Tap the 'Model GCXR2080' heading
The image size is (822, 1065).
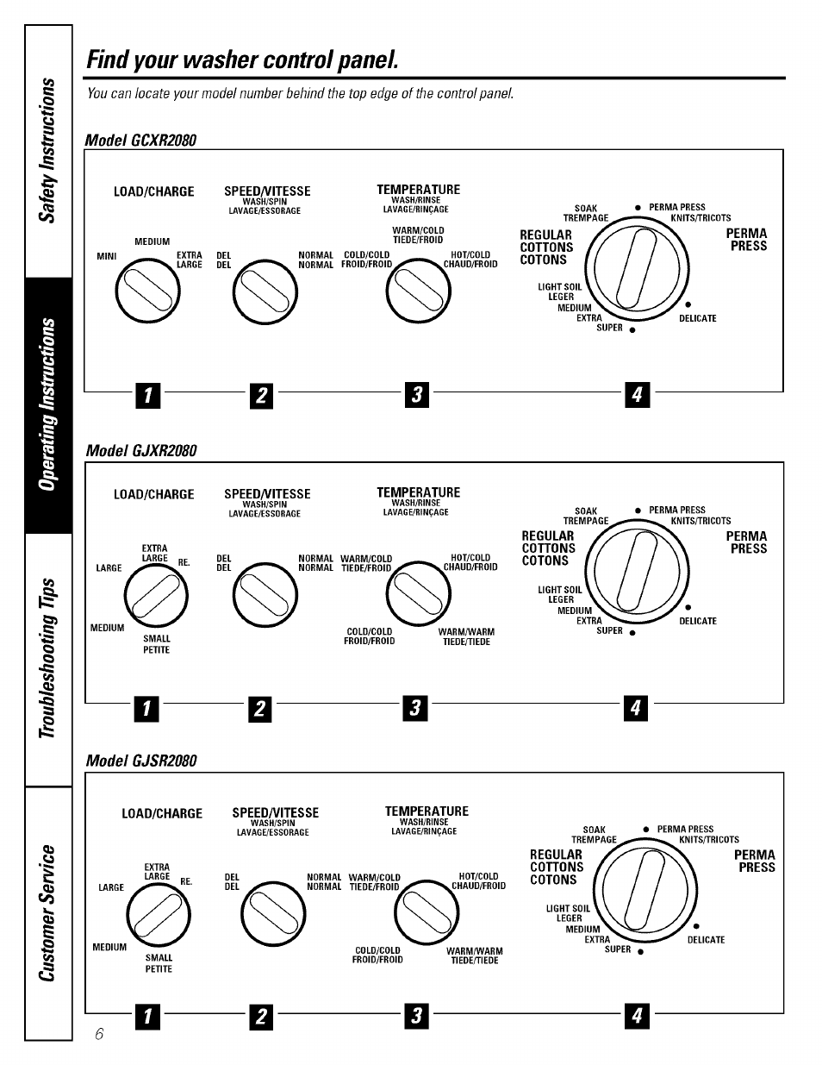coord(140,140)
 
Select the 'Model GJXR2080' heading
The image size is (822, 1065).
coord(140,451)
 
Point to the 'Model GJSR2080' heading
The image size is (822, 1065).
coord(140,761)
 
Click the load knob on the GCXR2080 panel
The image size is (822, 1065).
coord(149,292)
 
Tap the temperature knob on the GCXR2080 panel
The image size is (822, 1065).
coord(418,292)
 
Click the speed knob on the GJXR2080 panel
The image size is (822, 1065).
coord(265,594)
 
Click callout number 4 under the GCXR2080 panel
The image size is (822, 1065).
coord(638,395)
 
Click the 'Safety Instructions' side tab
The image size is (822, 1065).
coord(49,151)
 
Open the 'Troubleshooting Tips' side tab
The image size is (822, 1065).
coord(49,660)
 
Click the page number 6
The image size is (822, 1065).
coord(99,1034)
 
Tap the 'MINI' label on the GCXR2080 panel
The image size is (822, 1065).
coord(106,256)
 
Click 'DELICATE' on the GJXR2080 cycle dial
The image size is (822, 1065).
coord(697,621)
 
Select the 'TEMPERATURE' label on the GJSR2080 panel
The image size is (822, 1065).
coord(427,811)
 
